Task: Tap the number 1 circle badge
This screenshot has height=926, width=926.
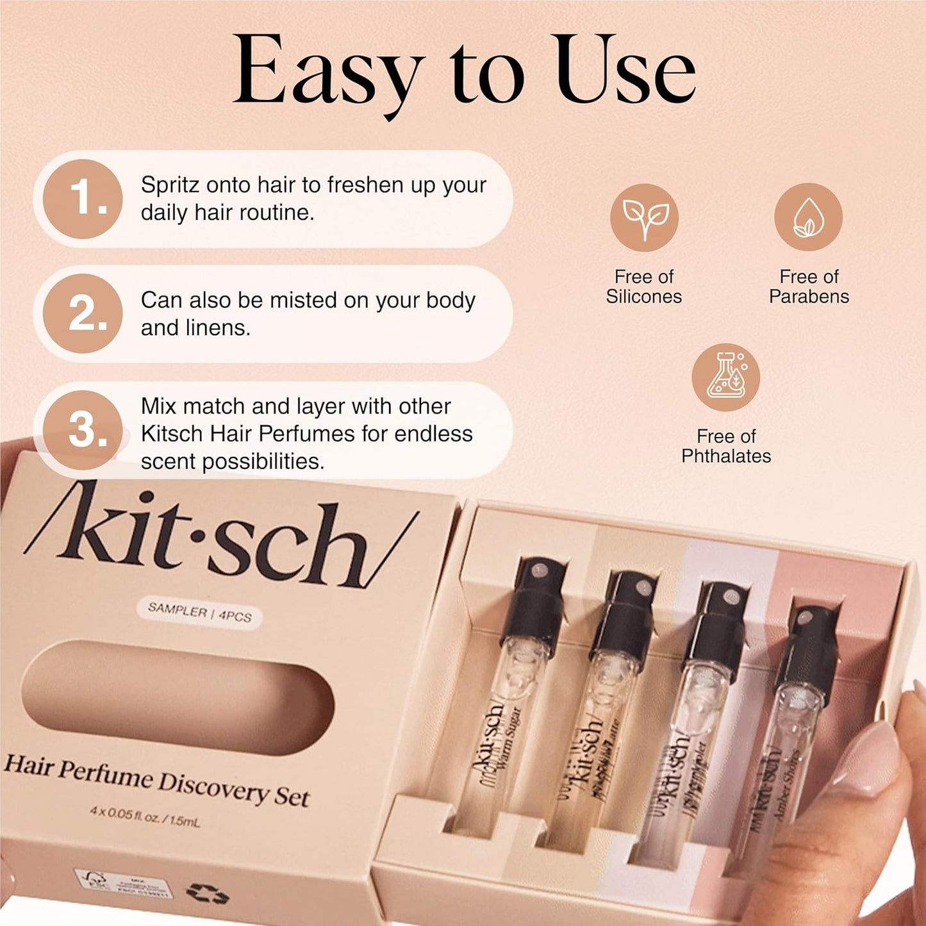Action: [83, 199]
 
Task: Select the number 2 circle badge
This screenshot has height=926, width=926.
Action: [83, 314]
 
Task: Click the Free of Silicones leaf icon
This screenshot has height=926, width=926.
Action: [644, 217]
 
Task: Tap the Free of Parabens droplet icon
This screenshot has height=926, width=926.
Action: [808, 217]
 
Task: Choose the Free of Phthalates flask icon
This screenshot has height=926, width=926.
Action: [725, 377]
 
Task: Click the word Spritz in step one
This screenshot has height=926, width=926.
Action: [169, 185]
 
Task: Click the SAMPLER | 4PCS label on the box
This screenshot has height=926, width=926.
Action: [200, 613]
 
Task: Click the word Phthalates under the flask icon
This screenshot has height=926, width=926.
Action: [726, 456]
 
